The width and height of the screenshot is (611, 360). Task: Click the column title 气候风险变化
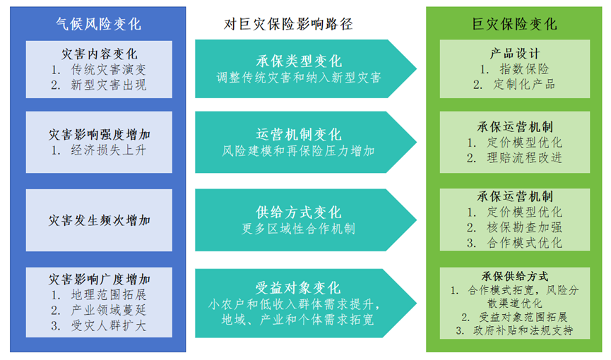(98, 24)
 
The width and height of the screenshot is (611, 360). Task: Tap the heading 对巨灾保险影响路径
(288, 24)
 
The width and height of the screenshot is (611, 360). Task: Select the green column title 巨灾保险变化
(514, 24)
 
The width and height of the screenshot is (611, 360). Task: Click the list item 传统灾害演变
(108, 69)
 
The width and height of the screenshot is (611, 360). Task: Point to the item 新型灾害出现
(108, 85)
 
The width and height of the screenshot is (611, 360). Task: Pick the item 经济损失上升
(108, 150)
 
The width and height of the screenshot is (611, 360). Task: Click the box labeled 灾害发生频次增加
(99, 220)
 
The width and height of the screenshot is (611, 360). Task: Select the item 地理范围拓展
(108, 295)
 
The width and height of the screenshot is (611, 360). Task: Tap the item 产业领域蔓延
(108, 310)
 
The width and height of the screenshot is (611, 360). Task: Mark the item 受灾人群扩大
(108, 325)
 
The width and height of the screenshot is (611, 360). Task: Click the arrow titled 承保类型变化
(305, 68)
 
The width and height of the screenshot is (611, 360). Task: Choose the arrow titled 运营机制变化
(305, 142)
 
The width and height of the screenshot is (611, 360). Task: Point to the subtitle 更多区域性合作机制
(299, 229)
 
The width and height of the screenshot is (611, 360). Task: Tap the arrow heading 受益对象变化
(299, 288)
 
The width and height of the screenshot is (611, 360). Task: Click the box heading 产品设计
(515, 54)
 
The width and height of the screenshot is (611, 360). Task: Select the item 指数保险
(525, 69)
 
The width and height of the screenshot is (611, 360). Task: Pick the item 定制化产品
(525, 84)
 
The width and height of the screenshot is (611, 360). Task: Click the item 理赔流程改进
(525, 158)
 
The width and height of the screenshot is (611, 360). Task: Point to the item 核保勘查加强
(525, 227)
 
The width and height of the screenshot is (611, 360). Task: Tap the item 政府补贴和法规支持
(523, 331)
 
